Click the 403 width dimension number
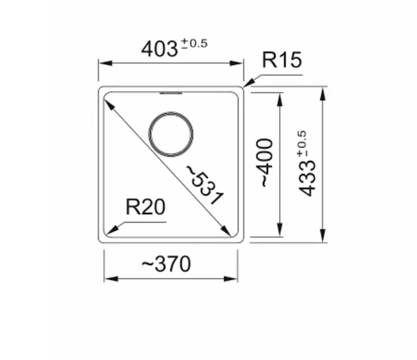click(160, 49)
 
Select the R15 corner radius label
click(281, 61)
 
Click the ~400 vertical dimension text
click(266, 163)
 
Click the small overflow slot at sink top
click(171, 93)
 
